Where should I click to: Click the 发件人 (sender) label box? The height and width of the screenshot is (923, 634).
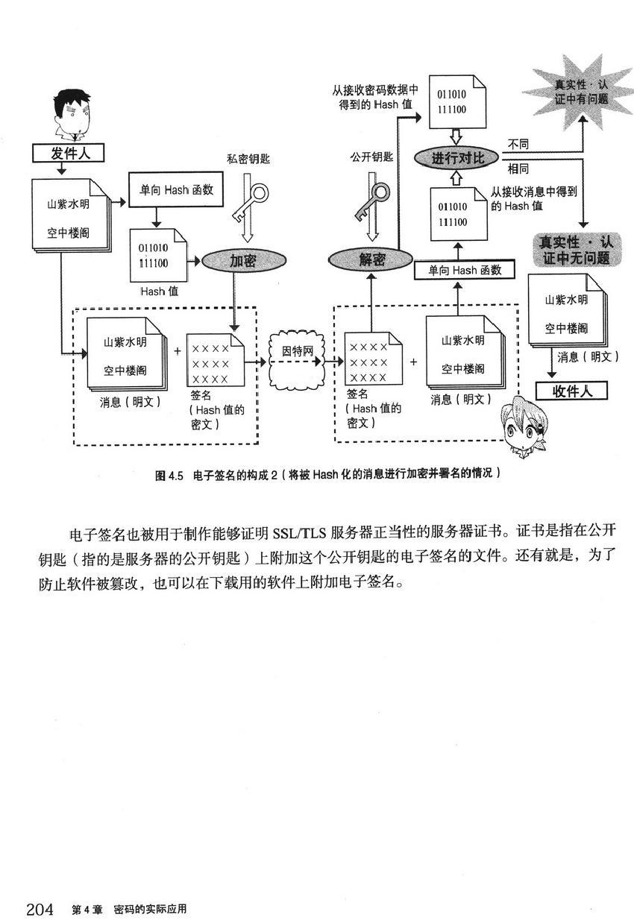pos(66,154)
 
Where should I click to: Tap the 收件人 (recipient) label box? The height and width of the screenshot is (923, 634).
pos(572,391)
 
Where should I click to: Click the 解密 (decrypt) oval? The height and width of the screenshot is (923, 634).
pos(371,260)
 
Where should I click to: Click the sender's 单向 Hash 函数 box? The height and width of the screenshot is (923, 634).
pos(171,190)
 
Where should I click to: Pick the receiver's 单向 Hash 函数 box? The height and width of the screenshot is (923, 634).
pos(465,271)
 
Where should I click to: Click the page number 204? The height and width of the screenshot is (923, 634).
pos(40,909)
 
